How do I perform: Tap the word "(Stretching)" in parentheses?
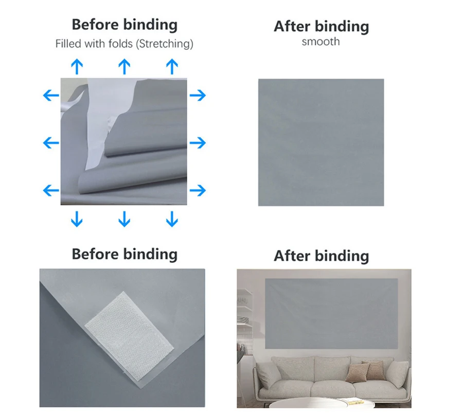[x=165, y=44]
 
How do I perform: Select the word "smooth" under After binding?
[x=320, y=42]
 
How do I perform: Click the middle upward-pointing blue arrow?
[x=124, y=66]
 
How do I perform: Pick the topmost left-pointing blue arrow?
[x=51, y=95]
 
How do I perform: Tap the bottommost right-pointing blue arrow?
[x=198, y=190]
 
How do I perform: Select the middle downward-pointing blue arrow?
[x=124, y=219]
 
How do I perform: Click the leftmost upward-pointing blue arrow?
[x=77, y=66]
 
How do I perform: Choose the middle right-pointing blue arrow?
[x=198, y=143]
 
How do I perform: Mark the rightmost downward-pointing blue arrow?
[x=172, y=219]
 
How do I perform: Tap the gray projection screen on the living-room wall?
[x=331, y=313]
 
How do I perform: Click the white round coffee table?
[x=322, y=403]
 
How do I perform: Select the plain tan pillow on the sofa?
[x=358, y=373]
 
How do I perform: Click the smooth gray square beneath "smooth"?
[x=321, y=142]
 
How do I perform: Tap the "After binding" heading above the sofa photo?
[x=321, y=256]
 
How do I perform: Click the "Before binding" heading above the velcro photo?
[x=124, y=254]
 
